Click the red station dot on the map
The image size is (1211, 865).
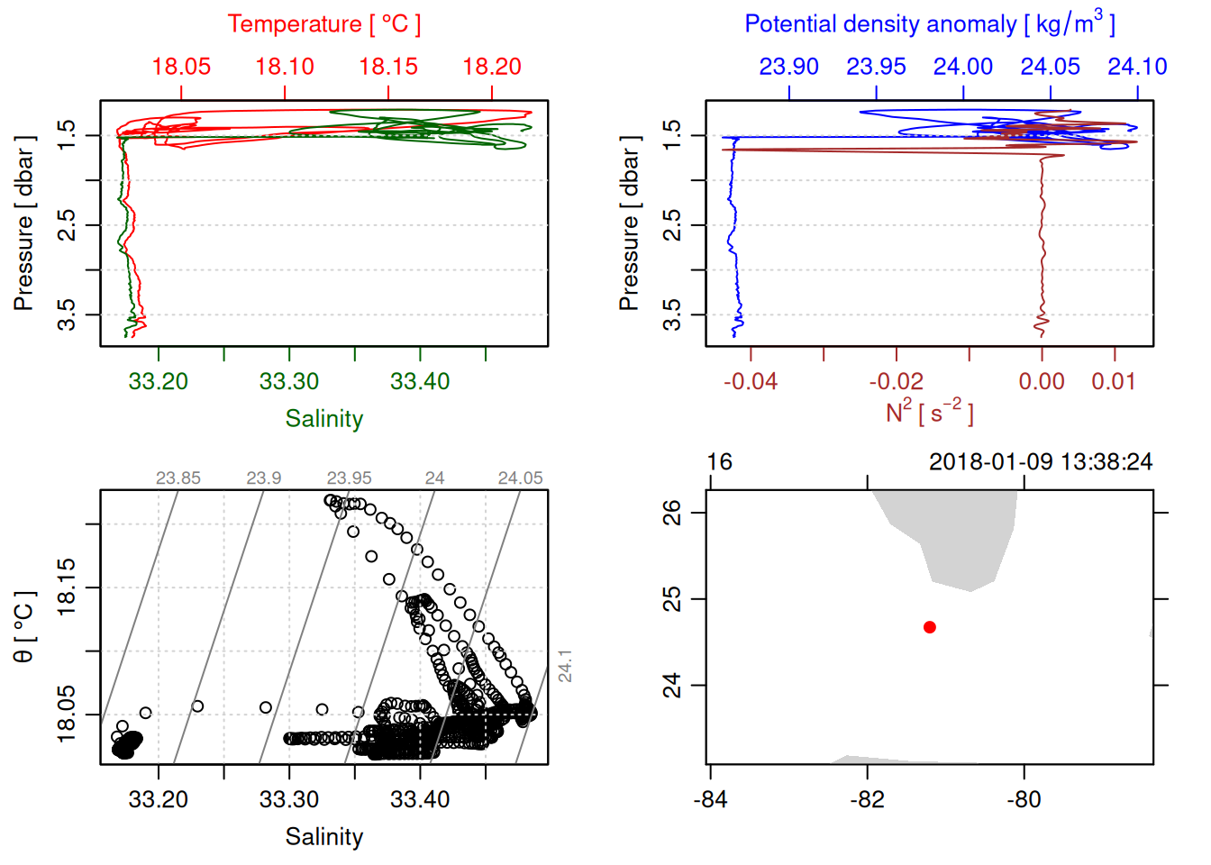pyautogui.click(x=929, y=627)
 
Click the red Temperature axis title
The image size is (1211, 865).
pyautogui.click(x=323, y=24)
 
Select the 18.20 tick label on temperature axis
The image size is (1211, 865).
pyautogui.click(x=492, y=67)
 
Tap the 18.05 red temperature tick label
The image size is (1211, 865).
pyautogui.click(x=181, y=67)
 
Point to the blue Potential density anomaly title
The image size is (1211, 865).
pyautogui.click(x=929, y=24)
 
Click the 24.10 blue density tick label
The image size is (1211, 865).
pyautogui.click(x=1137, y=67)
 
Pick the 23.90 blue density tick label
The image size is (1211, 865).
pyautogui.click(x=789, y=67)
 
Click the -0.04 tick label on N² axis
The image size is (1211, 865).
pyautogui.click(x=751, y=381)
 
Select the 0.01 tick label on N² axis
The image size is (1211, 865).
pyautogui.click(x=1114, y=381)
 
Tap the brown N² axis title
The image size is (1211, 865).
pyautogui.click(x=929, y=413)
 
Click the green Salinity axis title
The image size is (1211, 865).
pyautogui.click(x=323, y=419)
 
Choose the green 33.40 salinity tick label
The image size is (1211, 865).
pyautogui.click(x=420, y=381)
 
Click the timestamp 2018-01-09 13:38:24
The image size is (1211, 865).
pyautogui.click(x=1041, y=462)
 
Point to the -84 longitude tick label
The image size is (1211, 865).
pyautogui.click(x=710, y=799)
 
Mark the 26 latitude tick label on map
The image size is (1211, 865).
pyautogui.click(x=672, y=513)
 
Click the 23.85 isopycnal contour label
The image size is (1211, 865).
pyautogui.click(x=178, y=478)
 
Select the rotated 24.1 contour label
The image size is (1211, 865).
pyautogui.click(x=565, y=666)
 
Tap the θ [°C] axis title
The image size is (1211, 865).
pyautogui.click(x=24, y=627)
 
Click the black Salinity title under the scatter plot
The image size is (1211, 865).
pyautogui.click(x=323, y=837)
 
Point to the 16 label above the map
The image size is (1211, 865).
pyautogui.click(x=719, y=462)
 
